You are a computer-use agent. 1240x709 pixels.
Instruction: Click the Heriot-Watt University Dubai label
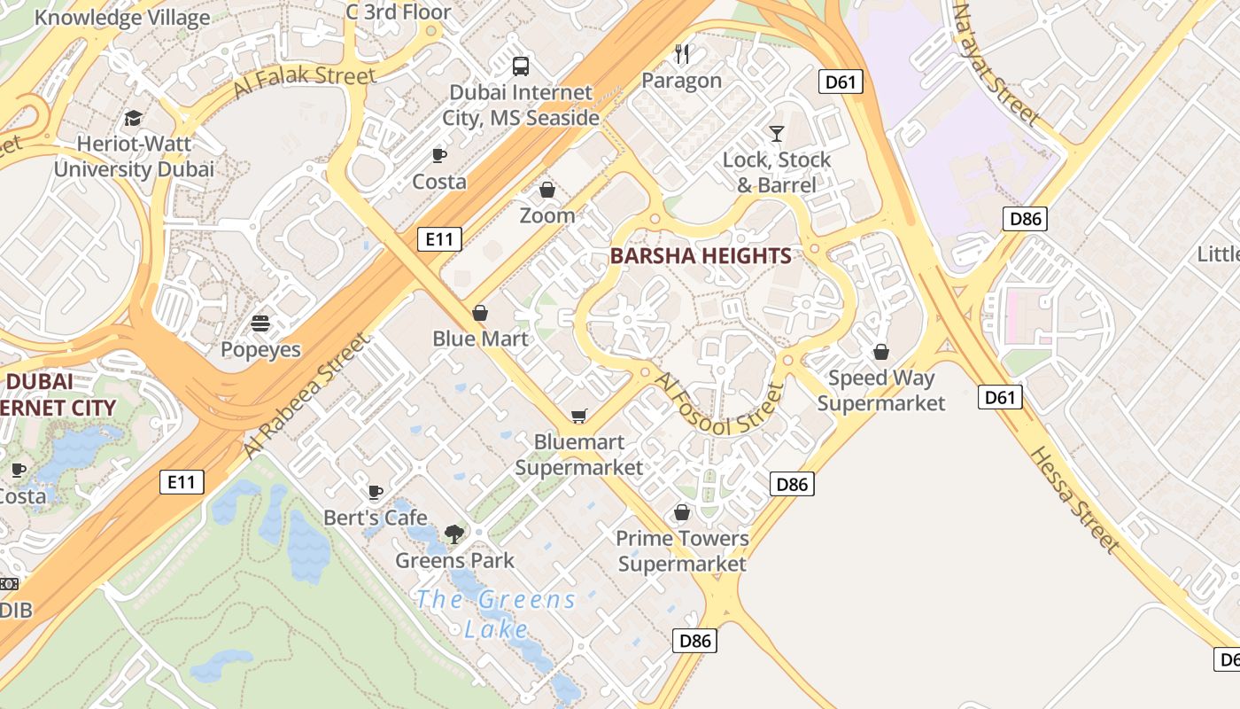[x=134, y=156]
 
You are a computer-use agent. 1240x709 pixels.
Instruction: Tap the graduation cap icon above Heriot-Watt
[x=133, y=118]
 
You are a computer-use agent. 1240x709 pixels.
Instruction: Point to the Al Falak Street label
[x=305, y=81]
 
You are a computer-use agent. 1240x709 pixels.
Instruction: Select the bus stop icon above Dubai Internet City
[x=521, y=66]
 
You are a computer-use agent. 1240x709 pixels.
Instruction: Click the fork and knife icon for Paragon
[x=682, y=54]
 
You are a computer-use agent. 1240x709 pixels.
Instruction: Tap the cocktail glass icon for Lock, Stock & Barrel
[x=777, y=134]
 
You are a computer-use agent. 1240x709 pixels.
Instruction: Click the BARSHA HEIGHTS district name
[x=701, y=256]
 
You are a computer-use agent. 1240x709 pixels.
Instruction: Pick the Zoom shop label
[x=546, y=215]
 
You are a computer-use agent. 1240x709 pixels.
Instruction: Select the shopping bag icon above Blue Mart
[x=480, y=313]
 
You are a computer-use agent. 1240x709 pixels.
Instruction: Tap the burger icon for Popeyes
[x=260, y=323]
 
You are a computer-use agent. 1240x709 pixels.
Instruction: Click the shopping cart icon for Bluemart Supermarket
[x=579, y=416]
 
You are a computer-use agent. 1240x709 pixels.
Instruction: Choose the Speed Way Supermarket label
[x=880, y=391]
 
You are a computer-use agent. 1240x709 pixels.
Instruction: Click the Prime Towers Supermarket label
[x=682, y=550]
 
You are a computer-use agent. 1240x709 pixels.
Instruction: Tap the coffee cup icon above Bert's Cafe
[x=376, y=492]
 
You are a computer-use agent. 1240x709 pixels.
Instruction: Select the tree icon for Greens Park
[x=454, y=534]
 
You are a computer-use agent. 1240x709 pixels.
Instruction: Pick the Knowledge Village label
[x=122, y=17]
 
